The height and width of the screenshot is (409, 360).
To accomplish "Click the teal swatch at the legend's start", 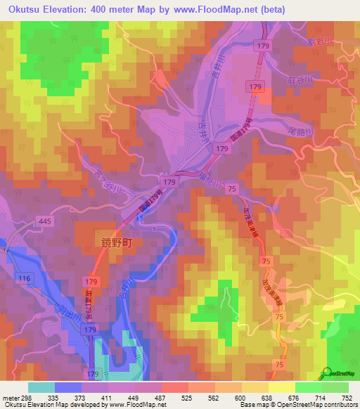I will [41, 387].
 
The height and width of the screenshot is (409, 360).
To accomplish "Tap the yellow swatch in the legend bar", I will [282, 387].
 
